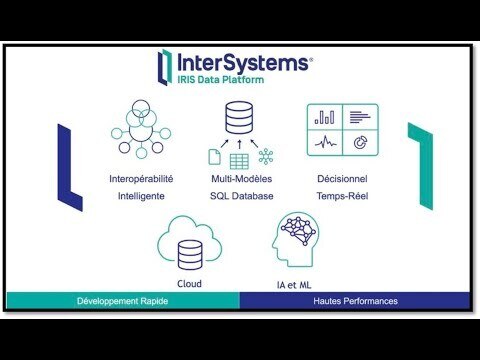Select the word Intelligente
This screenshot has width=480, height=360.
[x=141, y=196]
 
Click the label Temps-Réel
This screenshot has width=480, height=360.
[x=340, y=196]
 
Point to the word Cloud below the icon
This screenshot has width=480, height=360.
[x=188, y=284]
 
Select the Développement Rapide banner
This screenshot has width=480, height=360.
[x=123, y=301]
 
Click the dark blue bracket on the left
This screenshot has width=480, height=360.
[x=68, y=164]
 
